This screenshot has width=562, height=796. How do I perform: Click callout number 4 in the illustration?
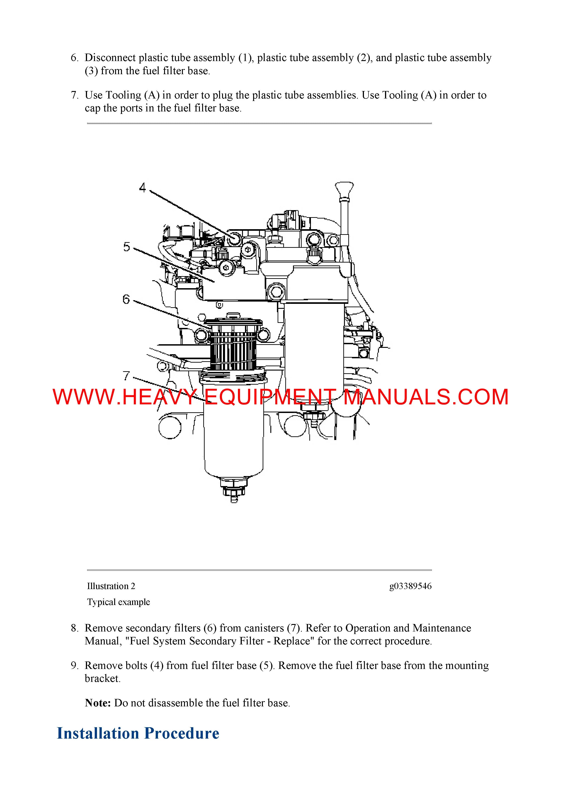pyautogui.click(x=142, y=188)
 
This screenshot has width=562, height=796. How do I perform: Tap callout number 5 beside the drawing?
pyautogui.click(x=127, y=247)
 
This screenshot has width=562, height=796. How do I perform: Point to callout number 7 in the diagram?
pyautogui.click(x=126, y=376)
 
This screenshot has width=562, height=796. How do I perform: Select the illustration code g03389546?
pyautogui.click(x=410, y=586)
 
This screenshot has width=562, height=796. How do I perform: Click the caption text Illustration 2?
pyautogui.click(x=111, y=586)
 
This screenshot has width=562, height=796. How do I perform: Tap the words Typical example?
pyautogui.click(x=119, y=602)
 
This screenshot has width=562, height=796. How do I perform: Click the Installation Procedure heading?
pyautogui.click(x=138, y=733)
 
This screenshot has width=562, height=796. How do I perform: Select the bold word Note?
pyautogui.click(x=98, y=703)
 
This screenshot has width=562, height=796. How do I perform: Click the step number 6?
pyautogui.click(x=75, y=58)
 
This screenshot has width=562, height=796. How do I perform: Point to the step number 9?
pyautogui.click(x=75, y=665)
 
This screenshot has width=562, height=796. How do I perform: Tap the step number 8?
pyautogui.click(x=75, y=628)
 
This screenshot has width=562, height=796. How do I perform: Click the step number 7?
pyautogui.click(x=75, y=95)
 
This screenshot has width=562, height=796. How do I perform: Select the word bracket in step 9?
pyautogui.click(x=102, y=678)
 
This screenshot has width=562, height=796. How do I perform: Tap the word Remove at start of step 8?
pyautogui.click(x=104, y=628)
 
